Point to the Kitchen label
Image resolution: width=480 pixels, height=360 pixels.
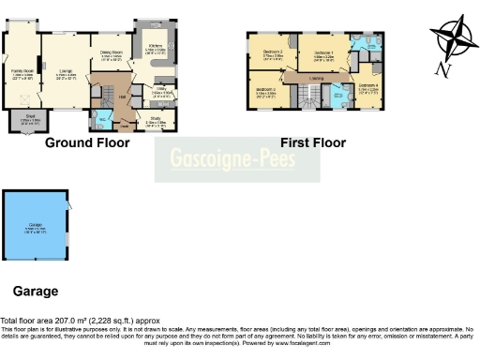pyautogui.click(x=157, y=47)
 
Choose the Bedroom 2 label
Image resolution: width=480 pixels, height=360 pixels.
pyautogui.click(x=274, y=53)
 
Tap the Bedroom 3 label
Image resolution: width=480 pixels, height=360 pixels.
pyautogui.click(x=266, y=91)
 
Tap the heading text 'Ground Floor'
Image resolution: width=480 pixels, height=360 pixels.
pyautogui.click(x=87, y=143)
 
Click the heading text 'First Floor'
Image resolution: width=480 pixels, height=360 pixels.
pyautogui.click(x=313, y=143)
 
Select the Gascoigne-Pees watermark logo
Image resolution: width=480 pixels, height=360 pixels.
pyautogui.click(x=238, y=160)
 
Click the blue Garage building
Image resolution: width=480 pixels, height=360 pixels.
pyautogui.click(x=35, y=228)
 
